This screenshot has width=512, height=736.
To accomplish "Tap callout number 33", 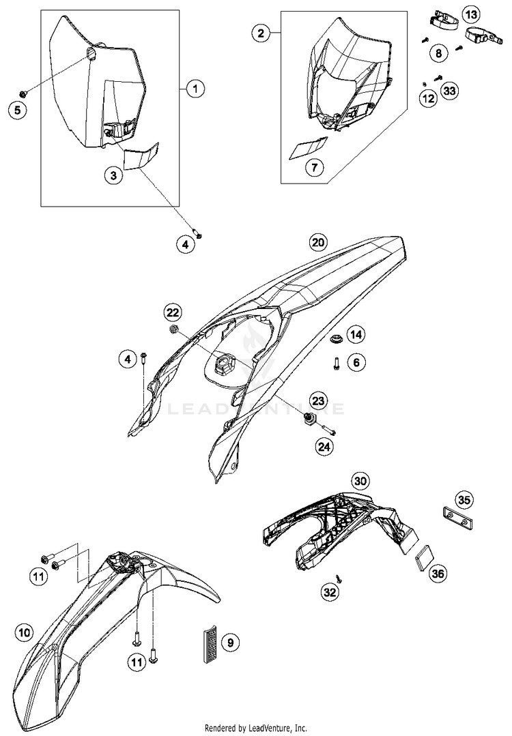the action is (x=449, y=91).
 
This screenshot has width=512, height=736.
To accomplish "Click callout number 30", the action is (x=360, y=480).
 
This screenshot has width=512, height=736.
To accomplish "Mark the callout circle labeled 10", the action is (x=25, y=633).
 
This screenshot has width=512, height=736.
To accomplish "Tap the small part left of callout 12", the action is (x=423, y=84).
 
